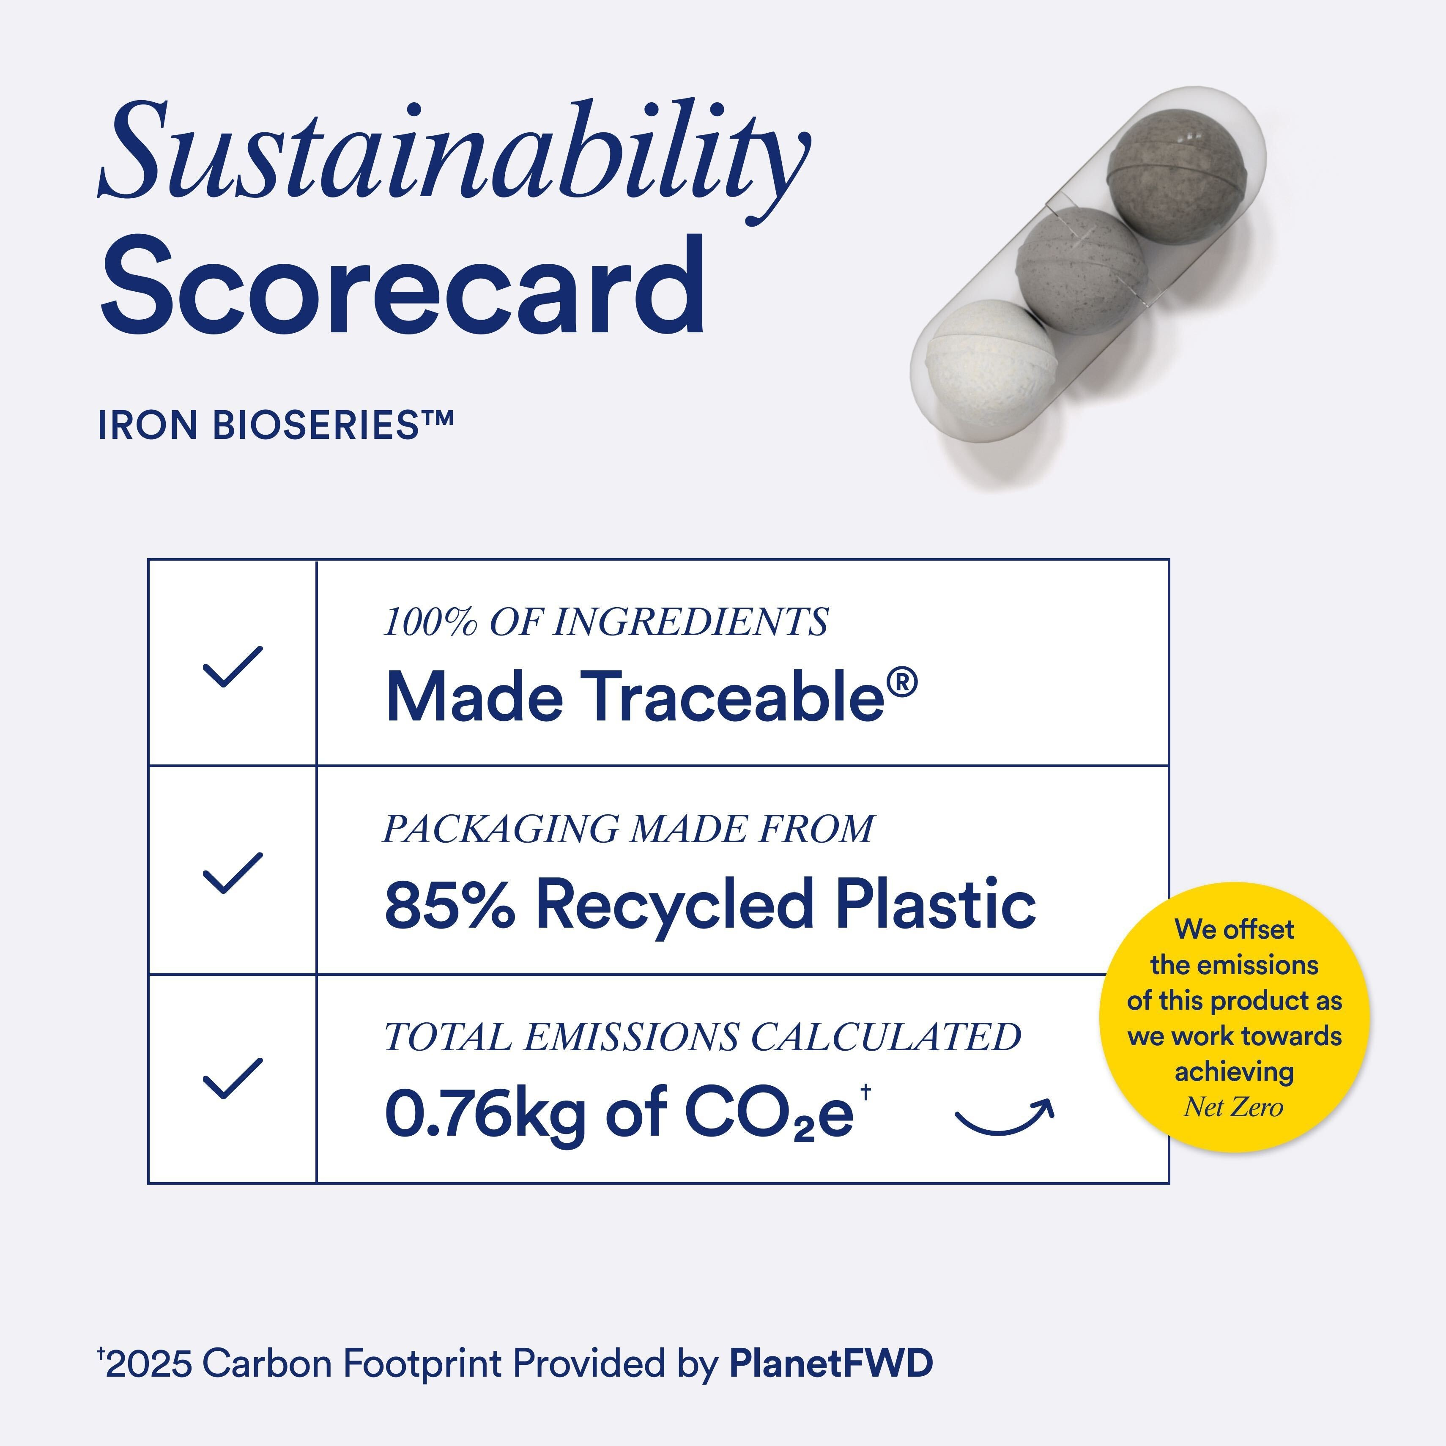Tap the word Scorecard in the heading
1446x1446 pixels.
point(402,285)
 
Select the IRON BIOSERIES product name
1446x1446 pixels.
point(275,425)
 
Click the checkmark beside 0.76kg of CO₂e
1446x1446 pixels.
point(233,1079)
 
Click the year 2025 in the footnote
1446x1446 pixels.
point(149,1364)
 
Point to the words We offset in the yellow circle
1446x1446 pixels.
point(1234,930)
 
